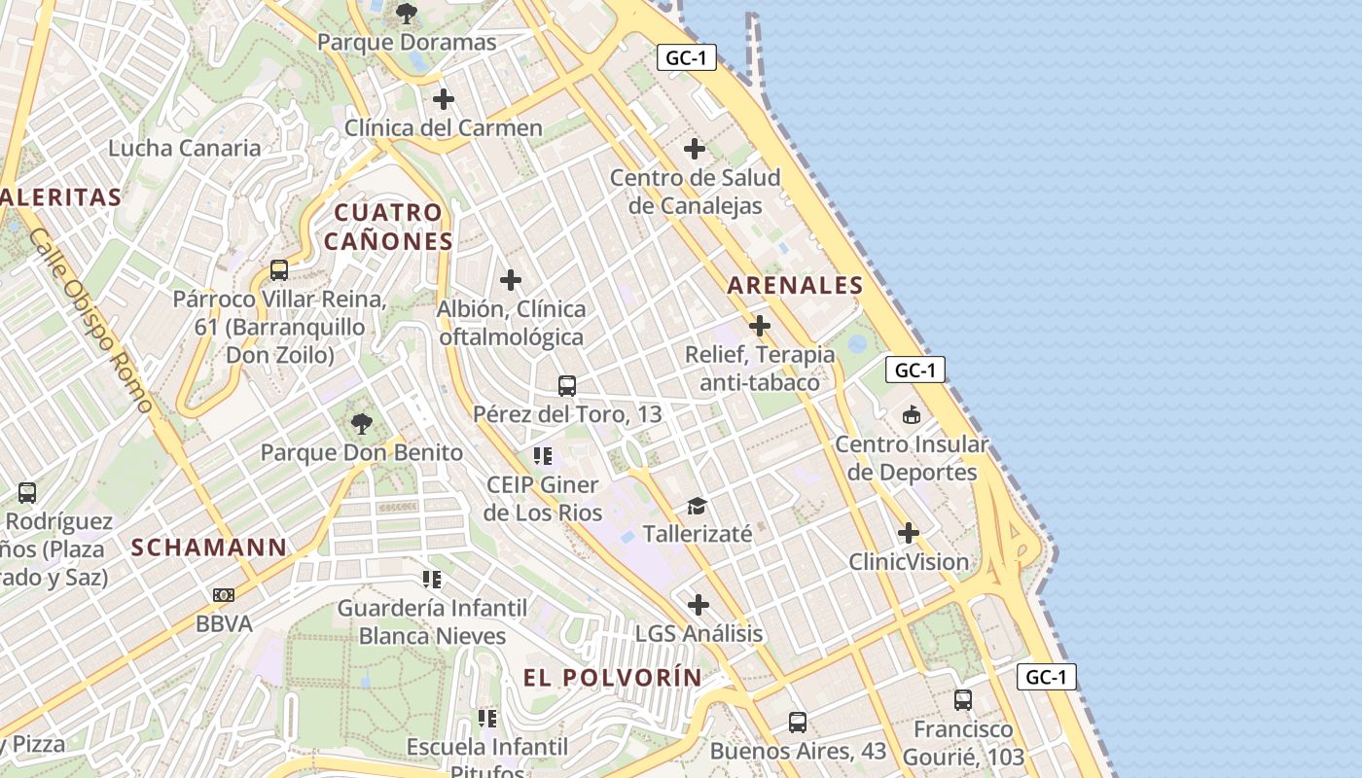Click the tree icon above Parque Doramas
point(407,14)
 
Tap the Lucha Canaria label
point(185,148)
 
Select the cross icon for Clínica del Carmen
point(444,99)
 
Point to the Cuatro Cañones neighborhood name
point(388,227)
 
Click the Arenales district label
point(795,285)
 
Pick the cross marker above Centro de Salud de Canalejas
point(695,149)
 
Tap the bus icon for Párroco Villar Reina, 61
point(279,270)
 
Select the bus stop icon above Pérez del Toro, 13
point(567,385)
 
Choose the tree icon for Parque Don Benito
point(362,423)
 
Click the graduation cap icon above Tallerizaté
point(697,506)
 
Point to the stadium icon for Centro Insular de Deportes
point(912,416)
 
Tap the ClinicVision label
point(909,562)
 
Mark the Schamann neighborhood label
point(209,548)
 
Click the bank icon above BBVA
point(224,595)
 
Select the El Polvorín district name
point(612,678)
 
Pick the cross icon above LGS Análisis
point(699,605)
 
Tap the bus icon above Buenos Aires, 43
point(798,722)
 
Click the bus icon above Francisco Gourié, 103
point(963,699)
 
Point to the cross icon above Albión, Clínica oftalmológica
point(511,281)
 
